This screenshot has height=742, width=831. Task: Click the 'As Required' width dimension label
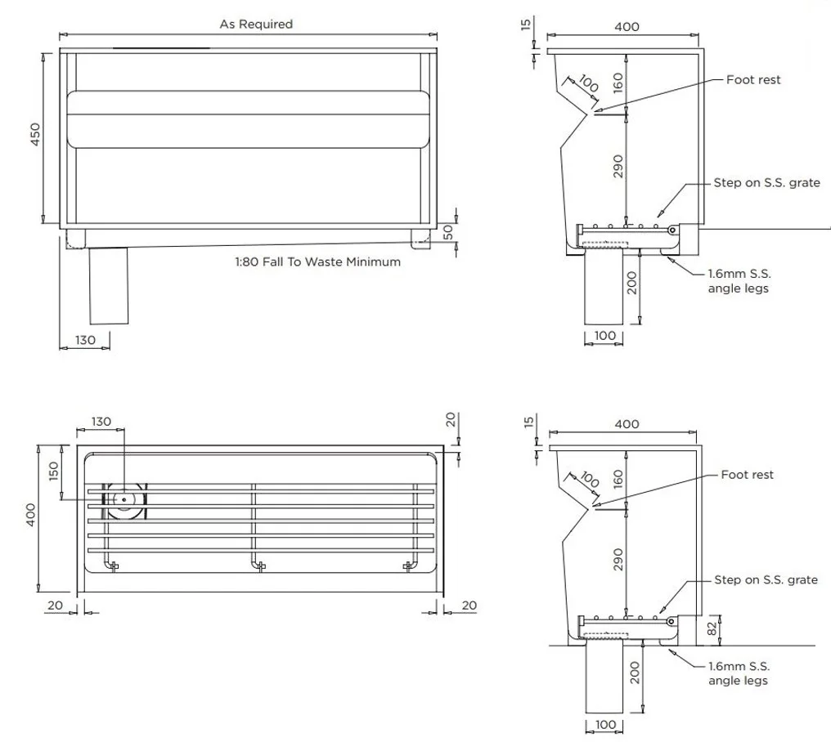[x=255, y=25]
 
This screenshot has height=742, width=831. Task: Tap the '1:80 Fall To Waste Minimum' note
[x=318, y=262]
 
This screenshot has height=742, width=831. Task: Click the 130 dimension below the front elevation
[x=84, y=339]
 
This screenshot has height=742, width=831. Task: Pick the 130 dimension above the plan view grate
[x=101, y=422]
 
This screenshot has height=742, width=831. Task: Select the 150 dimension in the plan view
[x=55, y=472]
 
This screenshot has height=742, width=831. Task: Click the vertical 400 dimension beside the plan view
[x=31, y=515]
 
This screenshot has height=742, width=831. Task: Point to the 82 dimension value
[x=712, y=628]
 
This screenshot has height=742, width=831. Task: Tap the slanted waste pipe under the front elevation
[x=108, y=285]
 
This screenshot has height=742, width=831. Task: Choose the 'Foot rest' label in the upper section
[x=753, y=80]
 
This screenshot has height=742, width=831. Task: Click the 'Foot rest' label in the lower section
[x=747, y=475]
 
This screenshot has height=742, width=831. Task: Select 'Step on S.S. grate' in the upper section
[x=766, y=183]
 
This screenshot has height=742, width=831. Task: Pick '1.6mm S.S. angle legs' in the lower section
[x=739, y=673]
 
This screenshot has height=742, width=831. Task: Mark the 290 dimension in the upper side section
[x=618, y=166]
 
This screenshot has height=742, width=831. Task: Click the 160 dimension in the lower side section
[x=618, y=479]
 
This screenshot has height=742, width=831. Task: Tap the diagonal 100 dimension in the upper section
[x=588, y=84]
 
